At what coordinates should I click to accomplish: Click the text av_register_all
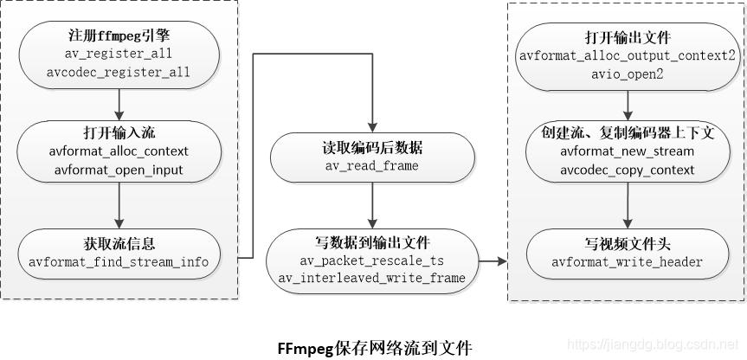point(119,55)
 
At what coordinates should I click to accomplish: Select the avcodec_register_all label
point(119,73)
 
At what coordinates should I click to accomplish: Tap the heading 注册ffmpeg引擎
point(119,37)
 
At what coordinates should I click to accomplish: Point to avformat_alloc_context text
point(119,152)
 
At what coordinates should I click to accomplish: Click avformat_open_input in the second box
point(119,170)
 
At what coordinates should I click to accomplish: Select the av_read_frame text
point(372,164)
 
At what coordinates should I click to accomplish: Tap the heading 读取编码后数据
point(372,147)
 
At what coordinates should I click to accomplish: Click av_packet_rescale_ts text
point(372,260)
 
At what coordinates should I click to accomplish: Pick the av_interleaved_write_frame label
point(372,278)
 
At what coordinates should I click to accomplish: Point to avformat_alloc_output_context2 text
point(628,55)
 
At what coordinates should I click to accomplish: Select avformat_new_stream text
point(628,152)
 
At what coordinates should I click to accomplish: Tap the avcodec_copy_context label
point(628,170)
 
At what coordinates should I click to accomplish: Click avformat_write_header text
point(628,261)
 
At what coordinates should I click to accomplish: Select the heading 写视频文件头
point(628,244)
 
